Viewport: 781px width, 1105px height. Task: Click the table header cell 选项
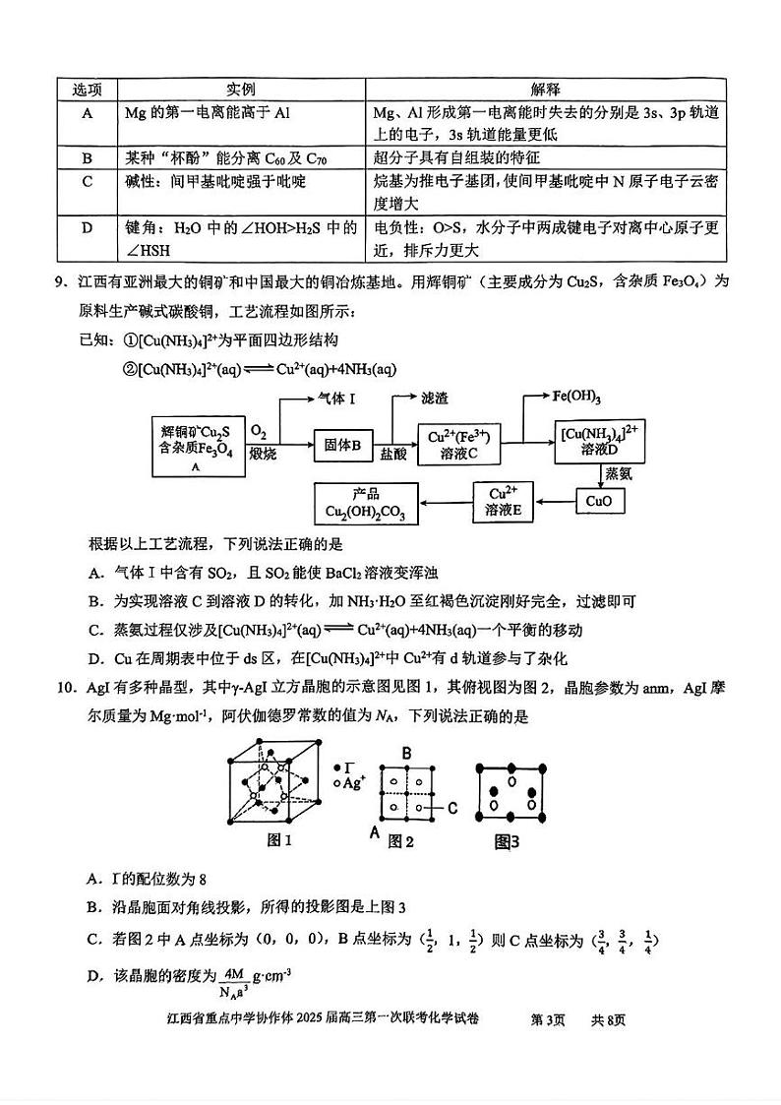pos(88,90)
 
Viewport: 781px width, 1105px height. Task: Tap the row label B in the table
pos(88,157)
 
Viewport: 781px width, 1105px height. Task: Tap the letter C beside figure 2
pos(452,808)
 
